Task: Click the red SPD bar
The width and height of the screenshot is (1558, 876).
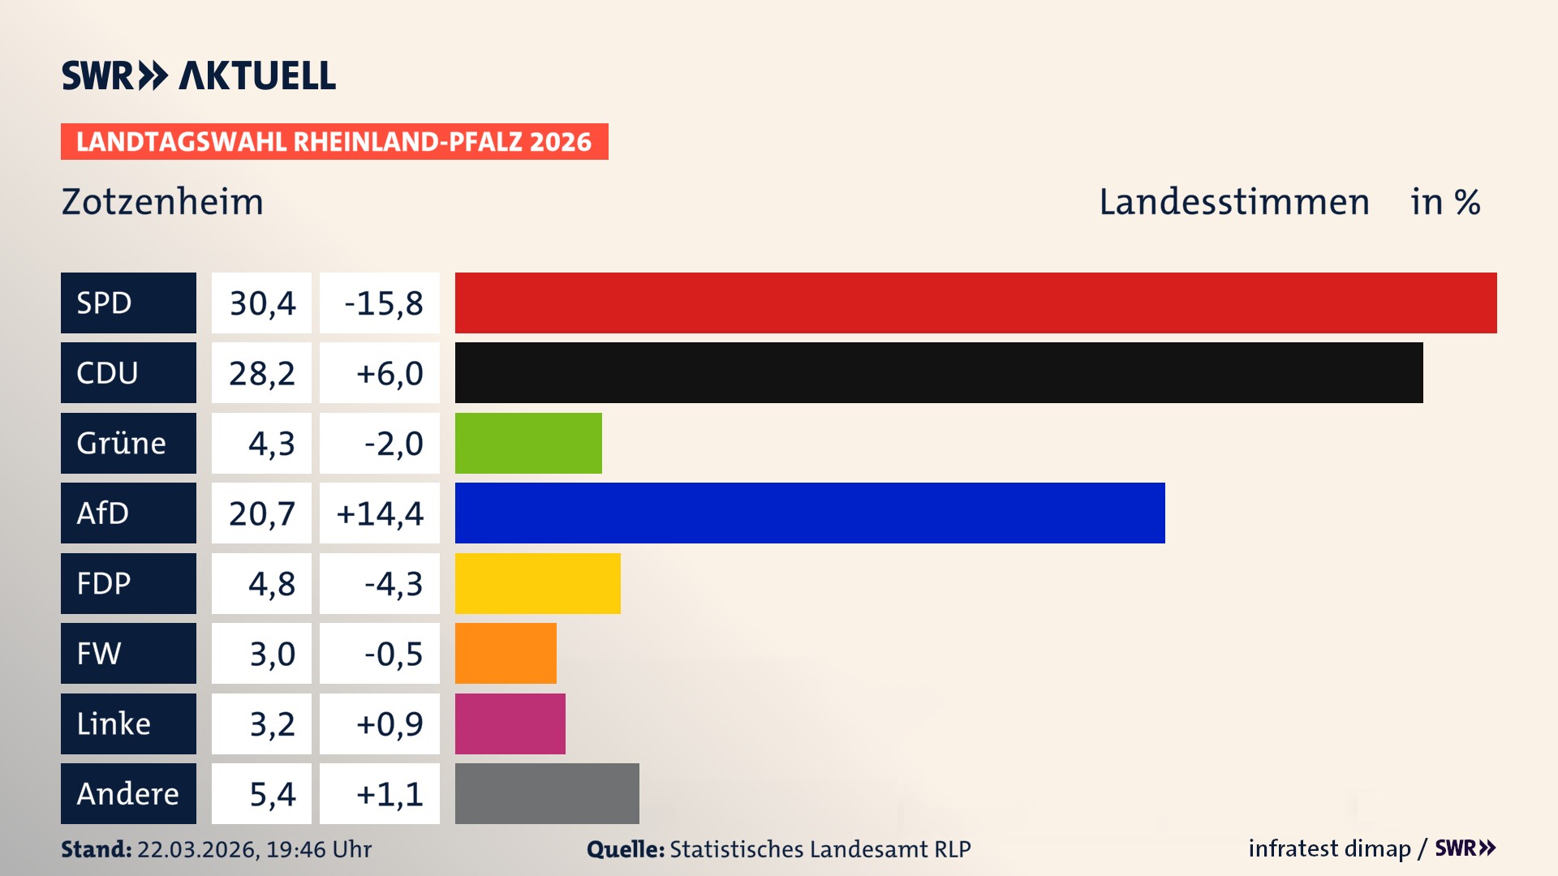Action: tap(975, 303)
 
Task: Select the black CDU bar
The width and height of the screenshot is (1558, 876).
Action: tap(939, 372)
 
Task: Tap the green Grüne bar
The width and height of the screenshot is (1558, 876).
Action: tap(528, 443)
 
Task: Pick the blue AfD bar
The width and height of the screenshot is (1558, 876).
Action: tap(810, 513)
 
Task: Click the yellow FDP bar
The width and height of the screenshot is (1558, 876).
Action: tap(537, 583)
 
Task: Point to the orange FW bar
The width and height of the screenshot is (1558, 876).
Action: tap(506, 653)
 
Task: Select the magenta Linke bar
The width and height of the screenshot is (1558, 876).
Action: tap(510, 724)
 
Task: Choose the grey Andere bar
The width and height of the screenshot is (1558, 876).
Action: tap(547, 793)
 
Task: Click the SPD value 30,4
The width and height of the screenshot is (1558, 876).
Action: tap(261, 303)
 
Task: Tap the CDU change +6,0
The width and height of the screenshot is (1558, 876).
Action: tap(389, 373)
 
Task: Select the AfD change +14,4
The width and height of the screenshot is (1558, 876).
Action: tap(380, 513)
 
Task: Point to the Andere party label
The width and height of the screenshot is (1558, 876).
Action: tap(128, 793)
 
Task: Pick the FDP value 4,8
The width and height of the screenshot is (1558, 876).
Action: tap(271, 584)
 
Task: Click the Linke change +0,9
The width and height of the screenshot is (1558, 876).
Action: tap(389, 724)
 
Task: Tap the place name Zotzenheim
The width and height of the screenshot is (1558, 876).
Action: tap(162, 202)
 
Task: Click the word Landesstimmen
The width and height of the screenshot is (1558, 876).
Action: tap(1233, 202)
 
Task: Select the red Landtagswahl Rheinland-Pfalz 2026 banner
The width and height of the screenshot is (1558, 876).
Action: tap(334, 142)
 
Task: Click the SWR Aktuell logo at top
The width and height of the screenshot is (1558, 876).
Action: tap(199, 75)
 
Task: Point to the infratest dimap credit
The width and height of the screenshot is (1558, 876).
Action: tap(1328, 848)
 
